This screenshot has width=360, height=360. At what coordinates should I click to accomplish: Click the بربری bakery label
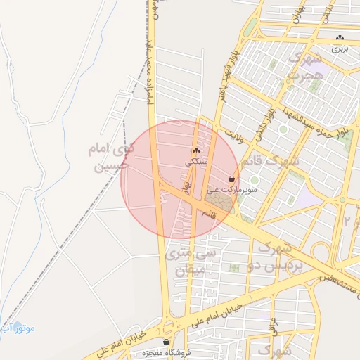340,49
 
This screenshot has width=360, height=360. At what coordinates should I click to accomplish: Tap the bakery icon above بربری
340,38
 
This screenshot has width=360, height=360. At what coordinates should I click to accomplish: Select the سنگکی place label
196,162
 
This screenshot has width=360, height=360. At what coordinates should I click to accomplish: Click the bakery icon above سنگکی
196,151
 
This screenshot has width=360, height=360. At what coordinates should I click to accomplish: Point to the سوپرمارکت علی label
231,191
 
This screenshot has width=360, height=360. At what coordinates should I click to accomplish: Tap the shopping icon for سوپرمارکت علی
231,179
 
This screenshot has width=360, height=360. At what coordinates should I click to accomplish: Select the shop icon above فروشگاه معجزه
166,342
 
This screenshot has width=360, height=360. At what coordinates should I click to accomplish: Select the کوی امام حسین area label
108,158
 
